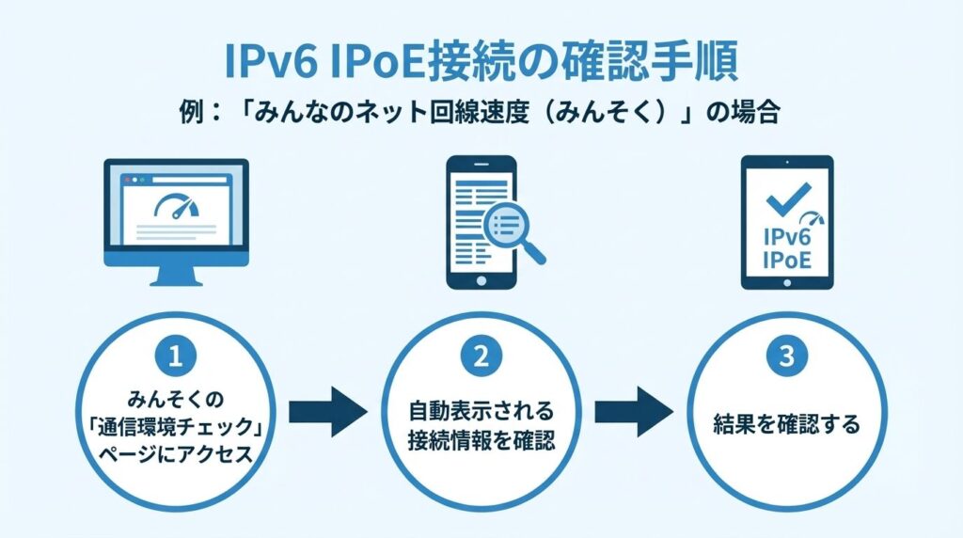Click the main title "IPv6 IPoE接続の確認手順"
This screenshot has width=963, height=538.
481,62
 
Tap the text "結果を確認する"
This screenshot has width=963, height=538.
786,424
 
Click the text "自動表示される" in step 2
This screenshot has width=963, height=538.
481,412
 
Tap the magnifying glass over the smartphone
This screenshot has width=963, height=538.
507,224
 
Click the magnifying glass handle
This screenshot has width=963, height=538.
535,251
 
